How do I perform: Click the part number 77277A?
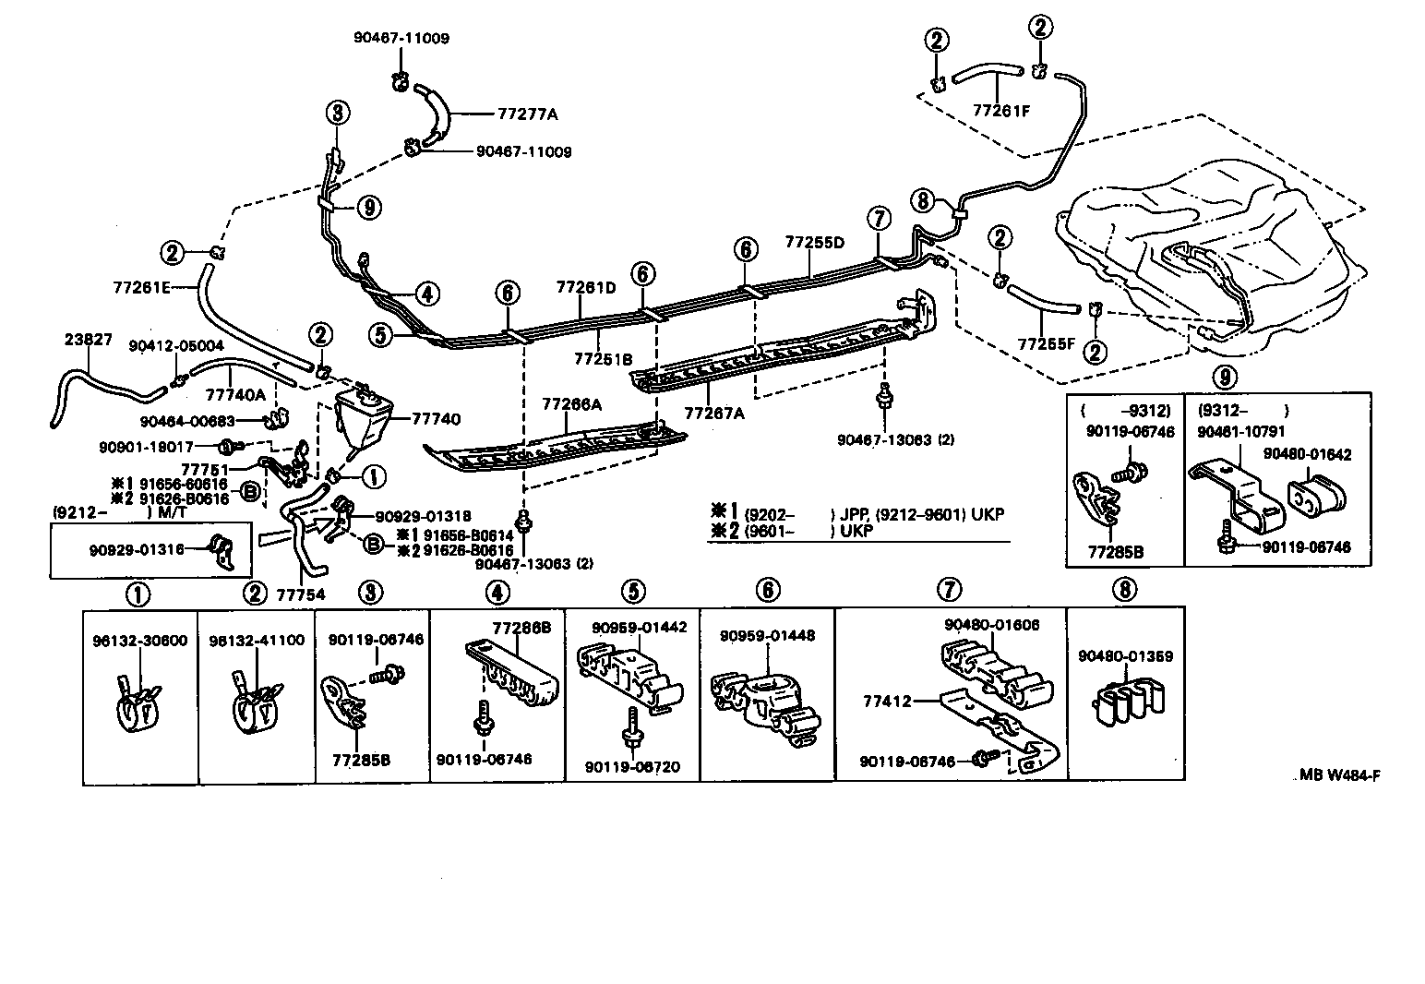[527, 115]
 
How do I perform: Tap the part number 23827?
[89, 339]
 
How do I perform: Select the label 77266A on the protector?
[571, 403]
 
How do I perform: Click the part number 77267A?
[713, 413]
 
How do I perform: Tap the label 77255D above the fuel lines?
[815, 243]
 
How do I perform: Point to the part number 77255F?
[1047, 344]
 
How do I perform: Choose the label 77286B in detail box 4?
[521, 628]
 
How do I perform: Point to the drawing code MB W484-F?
[1340, 775]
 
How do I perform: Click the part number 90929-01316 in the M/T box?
[136, 549]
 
